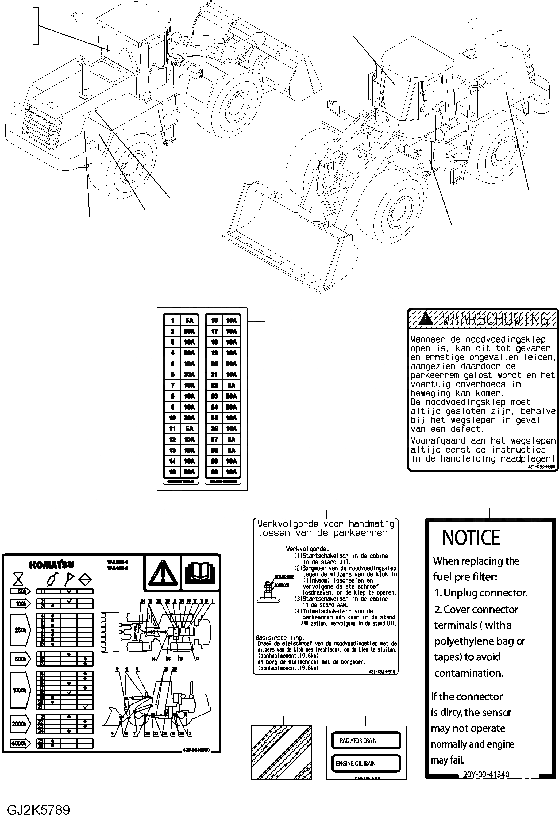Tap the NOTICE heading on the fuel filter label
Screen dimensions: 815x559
coord(471,538)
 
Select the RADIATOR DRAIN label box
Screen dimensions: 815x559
coord(365,740)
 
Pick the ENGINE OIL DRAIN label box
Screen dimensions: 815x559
coord(365,763)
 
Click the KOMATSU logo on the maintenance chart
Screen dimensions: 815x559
coord(52,565)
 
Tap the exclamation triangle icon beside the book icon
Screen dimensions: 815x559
coord(163,573)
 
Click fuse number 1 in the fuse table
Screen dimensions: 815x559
coord(172,320)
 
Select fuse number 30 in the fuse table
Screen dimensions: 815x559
coord(214,472)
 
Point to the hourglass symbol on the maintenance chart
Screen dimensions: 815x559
coord(18,579)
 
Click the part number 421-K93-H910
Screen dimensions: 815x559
coord(382,672)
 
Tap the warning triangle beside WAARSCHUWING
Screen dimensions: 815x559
coord(426,319)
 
